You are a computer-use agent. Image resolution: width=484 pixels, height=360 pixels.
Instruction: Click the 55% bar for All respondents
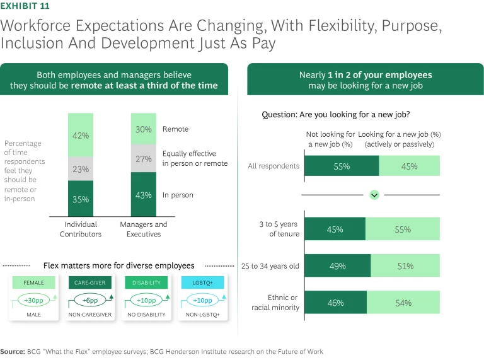[342, 166]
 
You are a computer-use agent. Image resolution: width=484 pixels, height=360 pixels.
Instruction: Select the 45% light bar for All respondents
[410, 166]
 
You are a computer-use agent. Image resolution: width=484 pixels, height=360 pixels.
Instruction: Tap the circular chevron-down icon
[374, 195]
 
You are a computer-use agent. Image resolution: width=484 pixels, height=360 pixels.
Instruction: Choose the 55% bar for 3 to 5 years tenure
[403, 229]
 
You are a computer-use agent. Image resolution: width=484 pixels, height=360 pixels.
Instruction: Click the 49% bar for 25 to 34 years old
[338, 266]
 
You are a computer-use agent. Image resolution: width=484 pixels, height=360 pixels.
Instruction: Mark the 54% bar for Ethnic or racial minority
[403, 303]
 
